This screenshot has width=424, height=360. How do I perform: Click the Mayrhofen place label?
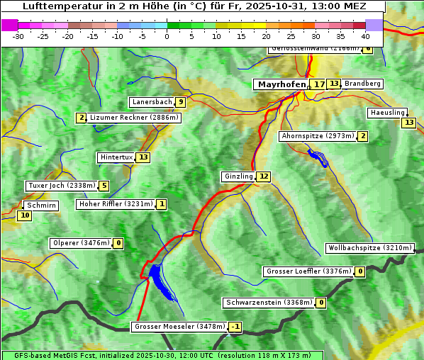coord(281,84)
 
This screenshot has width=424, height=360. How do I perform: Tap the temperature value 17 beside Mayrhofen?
coord(319,84)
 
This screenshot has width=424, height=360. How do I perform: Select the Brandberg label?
coord(362,84)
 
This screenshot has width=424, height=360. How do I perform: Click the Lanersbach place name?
coord(152,102)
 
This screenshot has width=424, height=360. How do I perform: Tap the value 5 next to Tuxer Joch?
coord(104,186)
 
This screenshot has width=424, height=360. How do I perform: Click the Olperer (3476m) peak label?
coord(80,243)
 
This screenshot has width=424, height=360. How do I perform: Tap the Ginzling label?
coord(238,176)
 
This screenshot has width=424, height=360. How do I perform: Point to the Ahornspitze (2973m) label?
coord(317,136)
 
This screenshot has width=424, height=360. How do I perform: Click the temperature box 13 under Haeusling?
coord(408,123)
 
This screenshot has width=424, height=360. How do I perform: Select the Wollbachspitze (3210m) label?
coord(369,248)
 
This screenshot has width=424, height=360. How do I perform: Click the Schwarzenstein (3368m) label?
coord(268,303)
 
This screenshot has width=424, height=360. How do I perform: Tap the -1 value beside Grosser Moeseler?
coord(235,327)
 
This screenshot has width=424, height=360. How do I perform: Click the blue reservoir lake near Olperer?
coord(160,279)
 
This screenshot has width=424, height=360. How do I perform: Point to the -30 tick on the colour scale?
coord(19,36)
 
